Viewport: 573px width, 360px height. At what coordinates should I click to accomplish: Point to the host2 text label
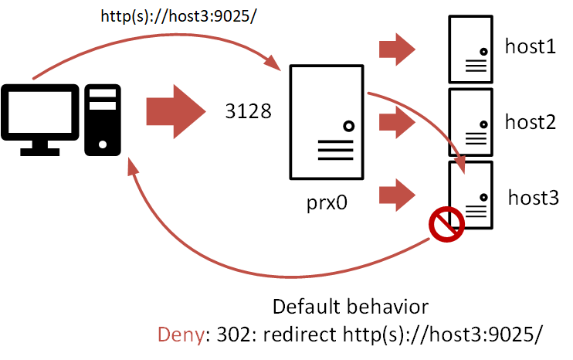530,121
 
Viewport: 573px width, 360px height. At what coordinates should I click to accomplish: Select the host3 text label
533,197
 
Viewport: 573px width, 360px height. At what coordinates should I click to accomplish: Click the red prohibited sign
446,225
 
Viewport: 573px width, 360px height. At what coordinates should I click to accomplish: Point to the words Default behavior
350,307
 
